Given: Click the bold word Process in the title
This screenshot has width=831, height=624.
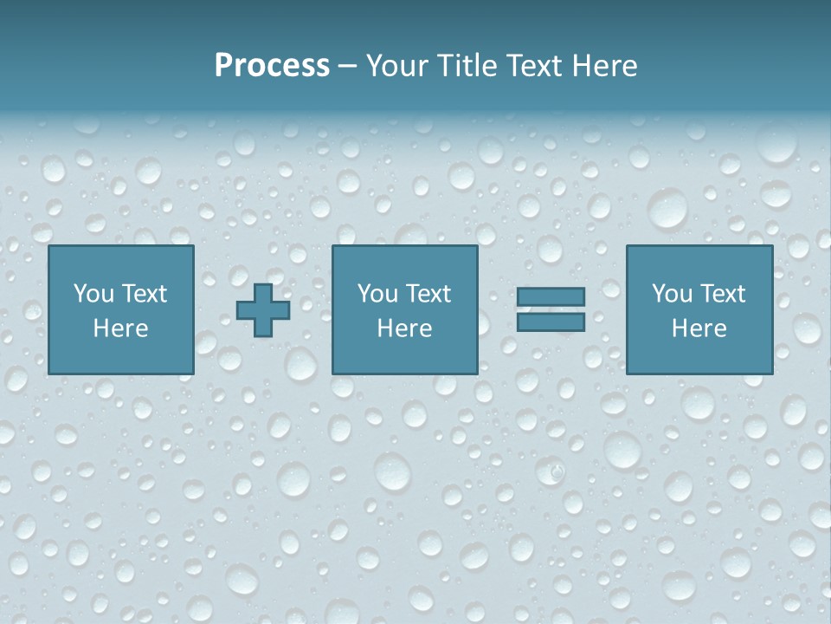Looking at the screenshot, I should click(x=272, y=66).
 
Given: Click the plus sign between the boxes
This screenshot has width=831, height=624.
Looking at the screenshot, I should click(x=263, y=310).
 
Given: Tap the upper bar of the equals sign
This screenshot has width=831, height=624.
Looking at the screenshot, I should click(x=551, y=296).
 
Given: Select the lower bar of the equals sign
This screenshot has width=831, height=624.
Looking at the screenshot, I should click(x=551, y=322).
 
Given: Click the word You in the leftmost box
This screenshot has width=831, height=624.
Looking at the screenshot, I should click(x=93, y=294).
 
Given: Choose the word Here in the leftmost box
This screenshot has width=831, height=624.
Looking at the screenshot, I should click(x=120, y=328).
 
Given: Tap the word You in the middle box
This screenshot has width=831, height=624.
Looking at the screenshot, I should click(x=377, y=294).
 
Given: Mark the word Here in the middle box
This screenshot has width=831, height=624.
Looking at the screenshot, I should click(x=404, y=328).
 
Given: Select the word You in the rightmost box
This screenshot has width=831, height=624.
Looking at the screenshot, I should click(x=672, y=294).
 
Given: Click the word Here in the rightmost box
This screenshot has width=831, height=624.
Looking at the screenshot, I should click(x=699, y=328).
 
